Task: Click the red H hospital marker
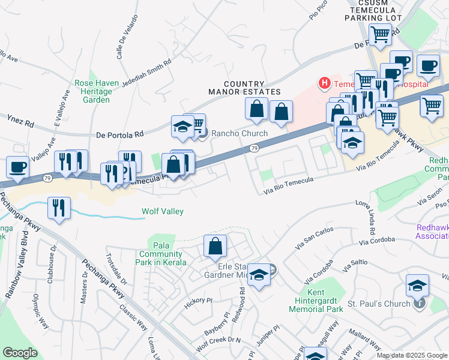pyautogui.click(x=325, y=83)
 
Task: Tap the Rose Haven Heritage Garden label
pyautogui.click(x=93, y=91)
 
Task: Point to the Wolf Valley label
pyautogui.click(x=162, y=211)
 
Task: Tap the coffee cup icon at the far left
pyautogui.click(x=17, y=166)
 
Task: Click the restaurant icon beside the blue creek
pyautogui.click(x=59, y=206)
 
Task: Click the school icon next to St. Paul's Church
pyautogui.click(x=417, y=286)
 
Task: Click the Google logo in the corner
pyautogui.click(x=20, y=352)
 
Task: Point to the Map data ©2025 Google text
pyautogui.click(x=411, y=355)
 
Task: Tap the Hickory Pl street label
pyautogui.click(x=199, y=300)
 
